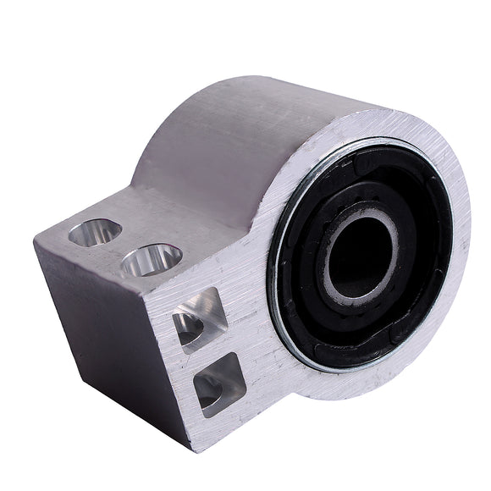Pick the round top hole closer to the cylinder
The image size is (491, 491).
click(152, 259)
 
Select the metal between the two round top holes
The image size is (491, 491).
click(123, 245)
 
